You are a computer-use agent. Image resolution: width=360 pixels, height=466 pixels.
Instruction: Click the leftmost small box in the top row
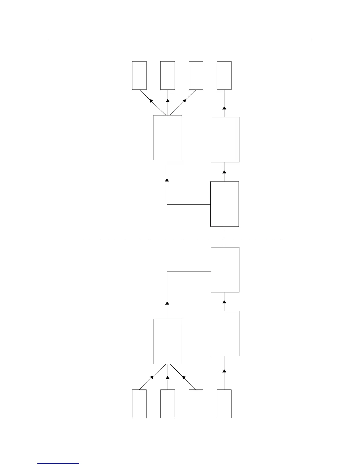139,75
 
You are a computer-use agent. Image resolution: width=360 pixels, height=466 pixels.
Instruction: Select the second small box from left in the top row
168,75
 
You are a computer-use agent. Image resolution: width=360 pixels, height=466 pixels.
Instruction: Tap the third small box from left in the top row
196,75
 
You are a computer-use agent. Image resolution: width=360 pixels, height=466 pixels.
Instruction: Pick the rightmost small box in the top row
224,75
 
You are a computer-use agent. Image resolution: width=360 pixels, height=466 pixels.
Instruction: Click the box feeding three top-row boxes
168,138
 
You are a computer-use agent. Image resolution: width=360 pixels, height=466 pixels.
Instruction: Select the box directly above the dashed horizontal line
224,204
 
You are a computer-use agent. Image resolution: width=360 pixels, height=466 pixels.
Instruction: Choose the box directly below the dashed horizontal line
225,270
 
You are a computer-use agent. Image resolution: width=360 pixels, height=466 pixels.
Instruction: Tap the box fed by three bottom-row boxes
168,341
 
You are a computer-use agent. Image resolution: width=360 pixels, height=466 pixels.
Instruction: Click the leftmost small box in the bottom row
139,404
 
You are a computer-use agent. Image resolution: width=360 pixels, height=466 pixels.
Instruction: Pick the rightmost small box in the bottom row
224,404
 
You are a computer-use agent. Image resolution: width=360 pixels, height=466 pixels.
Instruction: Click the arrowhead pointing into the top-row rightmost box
224,108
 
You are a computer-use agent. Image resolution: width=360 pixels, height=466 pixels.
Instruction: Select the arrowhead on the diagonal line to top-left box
151,101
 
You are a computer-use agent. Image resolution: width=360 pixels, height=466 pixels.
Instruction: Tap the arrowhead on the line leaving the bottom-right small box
224,371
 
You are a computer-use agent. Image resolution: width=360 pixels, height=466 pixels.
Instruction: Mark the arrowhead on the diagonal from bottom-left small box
152,377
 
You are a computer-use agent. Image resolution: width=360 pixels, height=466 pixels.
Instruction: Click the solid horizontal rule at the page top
180,40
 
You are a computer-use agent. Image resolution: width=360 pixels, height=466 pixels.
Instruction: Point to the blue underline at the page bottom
58,464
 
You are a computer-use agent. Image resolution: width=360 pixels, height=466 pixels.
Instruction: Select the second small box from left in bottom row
168,404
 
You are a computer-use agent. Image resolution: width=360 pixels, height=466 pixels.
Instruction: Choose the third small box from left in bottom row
196,404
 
